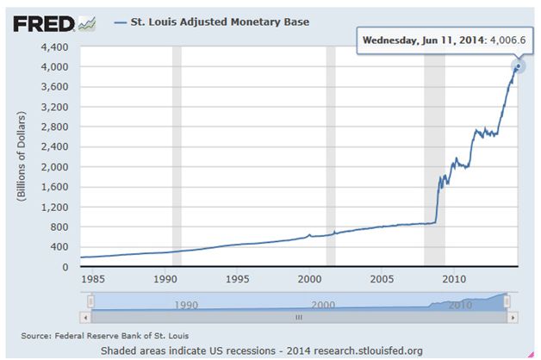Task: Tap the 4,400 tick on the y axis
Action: pos(56,46)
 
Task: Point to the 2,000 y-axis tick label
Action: pos(56,166)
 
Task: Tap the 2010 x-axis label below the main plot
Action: pos(454,279)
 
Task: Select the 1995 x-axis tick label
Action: pos(238,279)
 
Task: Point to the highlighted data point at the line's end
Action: pos(518,66)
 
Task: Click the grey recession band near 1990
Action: pos(177,155)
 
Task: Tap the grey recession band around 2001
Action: pos(330,155)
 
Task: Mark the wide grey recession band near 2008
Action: pos(434,155)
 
